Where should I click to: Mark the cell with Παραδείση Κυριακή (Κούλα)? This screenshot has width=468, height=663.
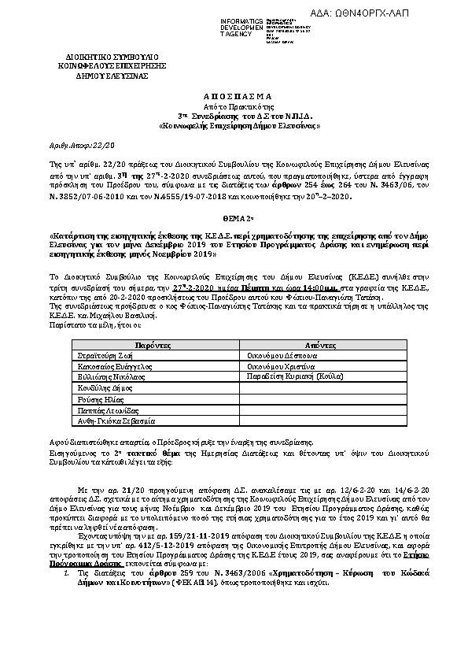point(297,378)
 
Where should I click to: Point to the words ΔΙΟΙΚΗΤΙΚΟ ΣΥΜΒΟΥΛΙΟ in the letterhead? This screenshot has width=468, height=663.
point(101,57)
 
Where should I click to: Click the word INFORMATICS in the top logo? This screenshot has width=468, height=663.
point(241,20)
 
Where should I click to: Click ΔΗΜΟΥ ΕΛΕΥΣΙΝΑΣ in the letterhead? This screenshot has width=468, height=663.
point(101,76)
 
